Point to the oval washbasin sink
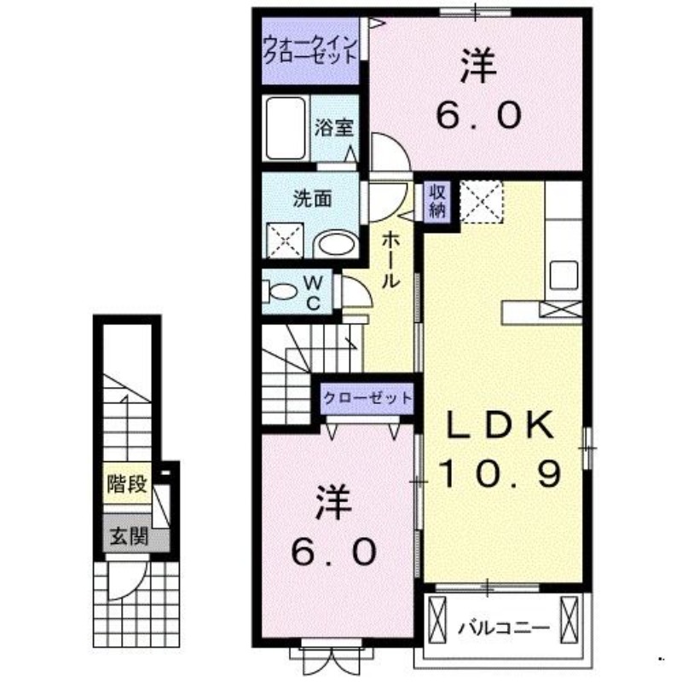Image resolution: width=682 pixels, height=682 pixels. pos(336,246)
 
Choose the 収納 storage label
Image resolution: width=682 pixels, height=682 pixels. pos(436,201)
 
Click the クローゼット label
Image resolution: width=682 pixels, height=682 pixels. pos(367,398)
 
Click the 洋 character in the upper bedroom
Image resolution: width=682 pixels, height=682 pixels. pos(479,68)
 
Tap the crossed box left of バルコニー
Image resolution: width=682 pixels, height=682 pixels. pos(438,620)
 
